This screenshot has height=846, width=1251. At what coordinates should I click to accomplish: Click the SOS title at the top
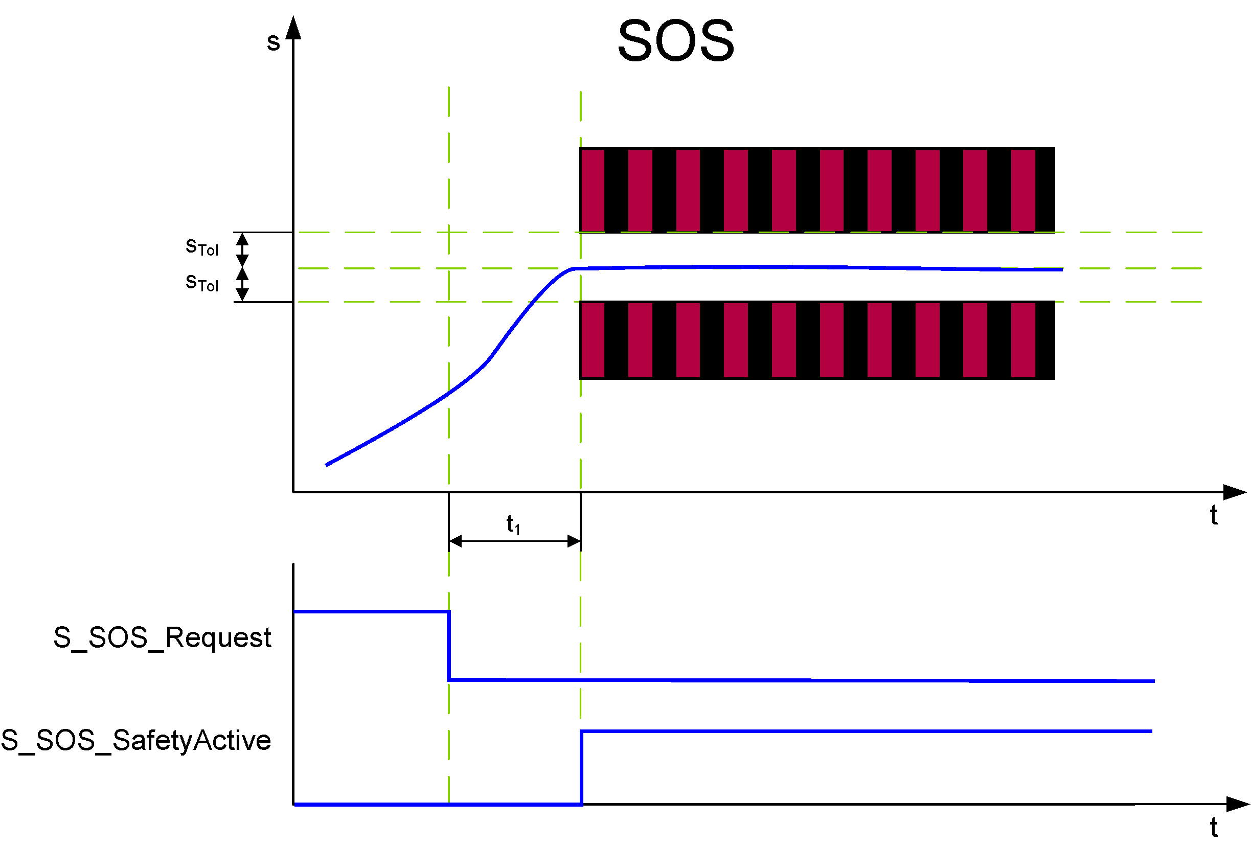[675, 40]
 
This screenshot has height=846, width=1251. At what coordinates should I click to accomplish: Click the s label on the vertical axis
[274, 42]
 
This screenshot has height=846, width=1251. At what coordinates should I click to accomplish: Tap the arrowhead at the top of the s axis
[293, 28]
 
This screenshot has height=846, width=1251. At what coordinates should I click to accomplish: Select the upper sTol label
[202, 247]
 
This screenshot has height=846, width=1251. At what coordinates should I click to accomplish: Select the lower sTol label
[202, 283]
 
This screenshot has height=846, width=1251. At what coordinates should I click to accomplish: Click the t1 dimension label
[513, 523]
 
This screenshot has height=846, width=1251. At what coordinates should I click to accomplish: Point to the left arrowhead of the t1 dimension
[456, 541]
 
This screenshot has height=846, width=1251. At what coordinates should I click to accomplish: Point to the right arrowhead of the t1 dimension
[574, 541]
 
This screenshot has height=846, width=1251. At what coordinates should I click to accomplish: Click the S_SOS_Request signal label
[162, 638]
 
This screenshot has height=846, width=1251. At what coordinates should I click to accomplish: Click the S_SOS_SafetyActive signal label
[135, 741]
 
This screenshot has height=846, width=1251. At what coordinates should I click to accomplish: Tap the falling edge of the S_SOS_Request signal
[449, 646]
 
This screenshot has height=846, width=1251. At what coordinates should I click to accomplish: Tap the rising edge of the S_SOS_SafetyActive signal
[581, 767]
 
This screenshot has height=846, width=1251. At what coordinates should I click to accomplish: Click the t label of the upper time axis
[1214, 515]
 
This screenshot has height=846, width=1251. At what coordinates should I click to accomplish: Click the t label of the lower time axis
[1214, 827]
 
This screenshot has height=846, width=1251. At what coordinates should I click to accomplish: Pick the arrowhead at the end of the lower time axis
[1238, 804]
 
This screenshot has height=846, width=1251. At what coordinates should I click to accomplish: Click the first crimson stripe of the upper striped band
[593, 190]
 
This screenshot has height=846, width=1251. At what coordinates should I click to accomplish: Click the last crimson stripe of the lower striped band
[1023, 340]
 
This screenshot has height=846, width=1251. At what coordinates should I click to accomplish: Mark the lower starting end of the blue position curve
[327, 465]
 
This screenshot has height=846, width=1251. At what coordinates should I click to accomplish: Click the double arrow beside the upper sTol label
[243, 250]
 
